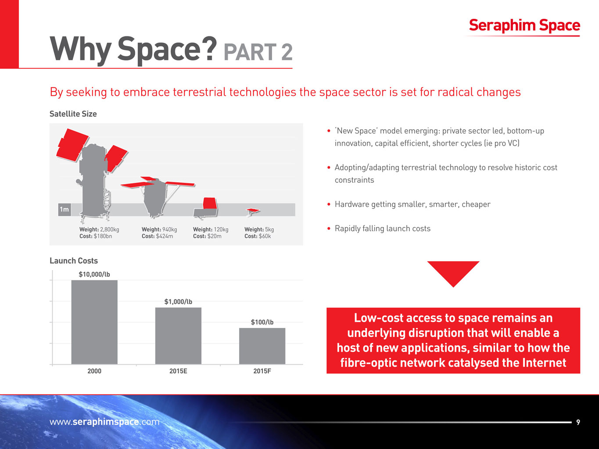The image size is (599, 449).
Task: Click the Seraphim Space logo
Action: point(524,25)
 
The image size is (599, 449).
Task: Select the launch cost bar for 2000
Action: point(94,322)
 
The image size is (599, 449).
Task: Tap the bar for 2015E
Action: point(178,335)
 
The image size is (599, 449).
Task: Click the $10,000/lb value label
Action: point(94,274)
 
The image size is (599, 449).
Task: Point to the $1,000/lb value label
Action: point(178,302)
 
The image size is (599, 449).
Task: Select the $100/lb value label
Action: point(262,322)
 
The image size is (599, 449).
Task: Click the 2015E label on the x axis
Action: point(178,371)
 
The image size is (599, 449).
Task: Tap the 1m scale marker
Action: point(64,210)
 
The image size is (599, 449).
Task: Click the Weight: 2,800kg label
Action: point(99,229)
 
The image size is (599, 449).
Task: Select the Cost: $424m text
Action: point(157,236)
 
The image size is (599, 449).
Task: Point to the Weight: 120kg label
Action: point(211,229)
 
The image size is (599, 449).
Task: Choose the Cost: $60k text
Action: point(258,236)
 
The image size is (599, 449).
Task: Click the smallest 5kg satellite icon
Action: point(252,212)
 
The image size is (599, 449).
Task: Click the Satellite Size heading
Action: point(73,114)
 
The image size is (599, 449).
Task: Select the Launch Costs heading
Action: point(74,261)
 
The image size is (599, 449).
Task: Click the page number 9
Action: point(578,422)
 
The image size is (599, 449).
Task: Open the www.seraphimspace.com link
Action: point(104,422)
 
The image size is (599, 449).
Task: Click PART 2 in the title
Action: point(258,53)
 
